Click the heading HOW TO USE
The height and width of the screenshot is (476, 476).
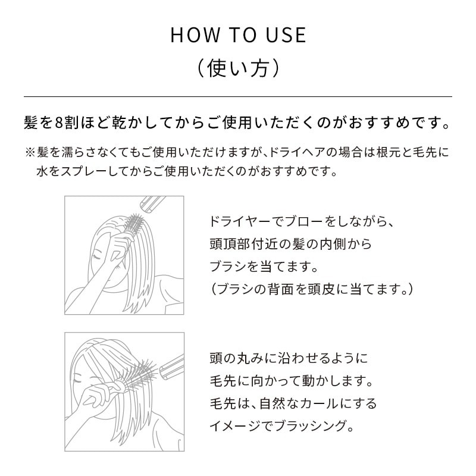pyautogui.click(x=238, y=35)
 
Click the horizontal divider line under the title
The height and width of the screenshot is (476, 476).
pyautogui.click(x=238, y=96)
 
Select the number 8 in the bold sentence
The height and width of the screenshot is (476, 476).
pyautogui.click(x=58, y=124)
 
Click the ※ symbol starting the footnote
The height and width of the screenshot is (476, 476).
pyautogui.click(x=30, y=152)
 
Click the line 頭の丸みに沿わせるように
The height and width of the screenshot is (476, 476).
pyautogui.click(x=289, y=358)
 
